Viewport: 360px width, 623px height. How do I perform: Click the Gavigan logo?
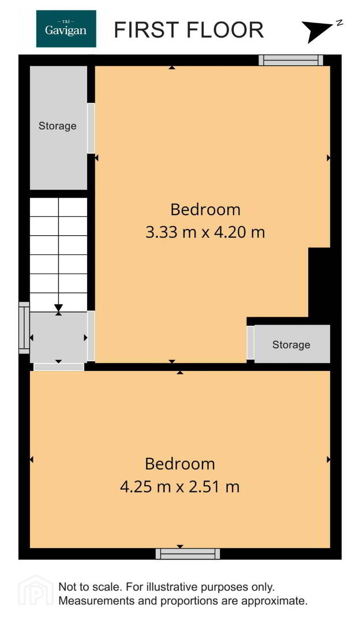[x=66, y=29]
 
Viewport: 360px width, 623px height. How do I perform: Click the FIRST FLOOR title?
[x=189, y=30]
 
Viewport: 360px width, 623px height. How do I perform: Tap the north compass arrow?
[x=321, y=31]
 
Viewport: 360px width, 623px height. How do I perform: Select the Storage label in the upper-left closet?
[x=57, y=126]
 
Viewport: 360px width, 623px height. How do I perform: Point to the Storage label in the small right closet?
[x=291, y=344]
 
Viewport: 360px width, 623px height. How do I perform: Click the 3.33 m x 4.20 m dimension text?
[x=205, y=232]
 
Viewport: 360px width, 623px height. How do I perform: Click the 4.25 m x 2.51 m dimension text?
[x=179, y=486]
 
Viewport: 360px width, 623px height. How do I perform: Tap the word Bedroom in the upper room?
[x=205, y=209]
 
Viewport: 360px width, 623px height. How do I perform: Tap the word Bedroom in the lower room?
[x=180, y=464]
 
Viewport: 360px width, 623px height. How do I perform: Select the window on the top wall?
[x=291, y=60]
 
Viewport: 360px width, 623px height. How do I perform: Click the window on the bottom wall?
[x=187, y=554]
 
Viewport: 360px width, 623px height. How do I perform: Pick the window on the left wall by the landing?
[x=24, y=328]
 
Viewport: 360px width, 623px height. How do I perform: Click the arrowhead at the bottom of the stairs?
[x=59, y=308]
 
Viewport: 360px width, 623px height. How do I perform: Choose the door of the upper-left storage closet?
[x=91, y=128]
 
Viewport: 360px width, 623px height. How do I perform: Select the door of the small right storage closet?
[x=250, y=343]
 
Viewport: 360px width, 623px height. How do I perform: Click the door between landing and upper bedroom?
[x=91, y=336]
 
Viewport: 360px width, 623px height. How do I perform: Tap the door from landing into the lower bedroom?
[x=59, y=367]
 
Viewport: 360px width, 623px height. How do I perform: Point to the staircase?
[x=59, y=255]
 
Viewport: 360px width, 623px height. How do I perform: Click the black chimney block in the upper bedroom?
[x=320, y=282]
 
